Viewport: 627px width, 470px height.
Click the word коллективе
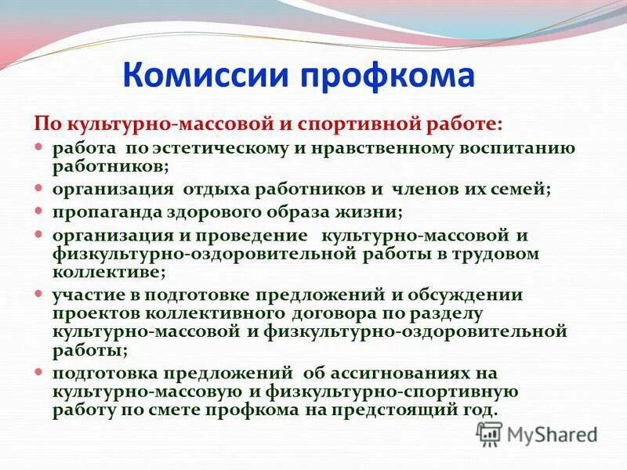107,273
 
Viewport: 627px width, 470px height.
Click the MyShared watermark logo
538,433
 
